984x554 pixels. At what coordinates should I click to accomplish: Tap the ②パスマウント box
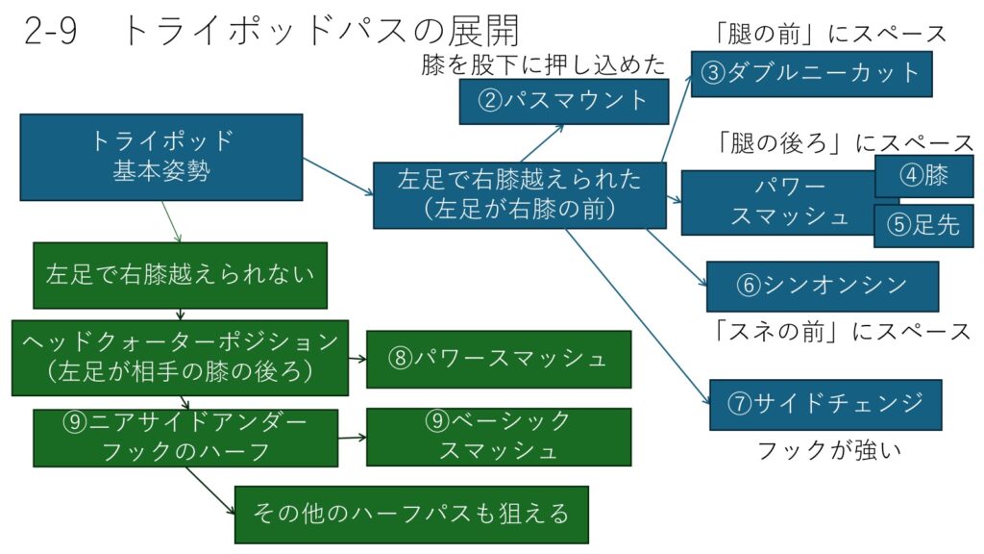point(562,101)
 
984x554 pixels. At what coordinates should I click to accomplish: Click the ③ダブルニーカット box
point(811,73)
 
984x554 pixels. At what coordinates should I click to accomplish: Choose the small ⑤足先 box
point(922,226)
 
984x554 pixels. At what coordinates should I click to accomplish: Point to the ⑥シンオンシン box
point(822,286)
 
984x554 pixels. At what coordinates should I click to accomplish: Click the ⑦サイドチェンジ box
point(824,404)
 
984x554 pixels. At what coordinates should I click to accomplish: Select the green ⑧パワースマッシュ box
point(498,359)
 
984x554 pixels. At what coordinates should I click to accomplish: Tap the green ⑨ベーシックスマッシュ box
point(498,437)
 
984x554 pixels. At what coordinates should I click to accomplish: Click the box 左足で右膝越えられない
point(180,274)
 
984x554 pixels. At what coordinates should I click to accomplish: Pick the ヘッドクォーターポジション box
point(180,358)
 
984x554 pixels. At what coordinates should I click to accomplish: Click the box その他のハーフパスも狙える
point(410,514)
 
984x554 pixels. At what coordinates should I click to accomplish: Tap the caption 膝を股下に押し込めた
point(543,66)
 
